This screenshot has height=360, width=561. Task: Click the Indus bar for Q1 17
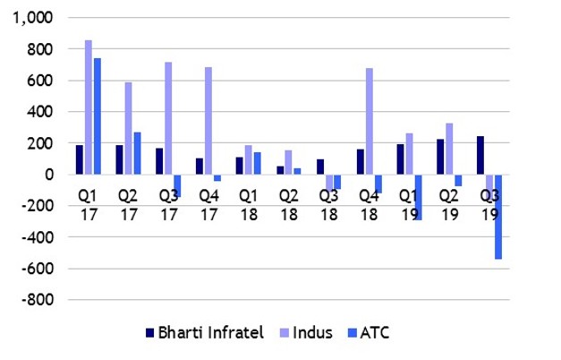click(x=89, y=107)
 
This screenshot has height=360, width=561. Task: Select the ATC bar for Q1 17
click(x=98, y=116)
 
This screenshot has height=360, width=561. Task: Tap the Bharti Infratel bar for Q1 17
click(x=80, y=159)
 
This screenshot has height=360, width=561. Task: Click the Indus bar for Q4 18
click(x=370, y=121)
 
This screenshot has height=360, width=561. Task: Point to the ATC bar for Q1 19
click(x=418, y=197)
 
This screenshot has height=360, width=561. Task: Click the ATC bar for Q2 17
click(x=138, y=153)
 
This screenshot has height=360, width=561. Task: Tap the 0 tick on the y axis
click(x=49, y=175)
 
